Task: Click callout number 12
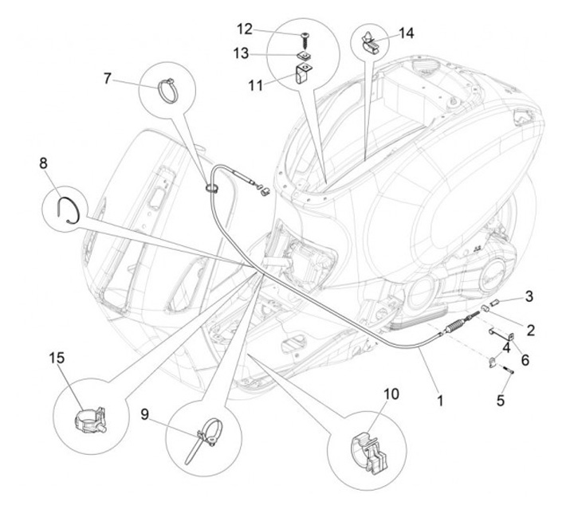click(245, 29)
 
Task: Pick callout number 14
click(406, 33)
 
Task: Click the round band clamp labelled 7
click(167, 91)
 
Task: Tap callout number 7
click(108, 78)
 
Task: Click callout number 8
click(44, 163)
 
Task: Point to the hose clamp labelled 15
click(90, 420)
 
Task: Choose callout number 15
click(57, 358)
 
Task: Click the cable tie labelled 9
click(205, 439)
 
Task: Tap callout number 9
click(145, 414)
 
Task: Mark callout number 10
click(391, 394)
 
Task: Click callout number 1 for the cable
click(440, 401)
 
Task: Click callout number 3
click(529, 296)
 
